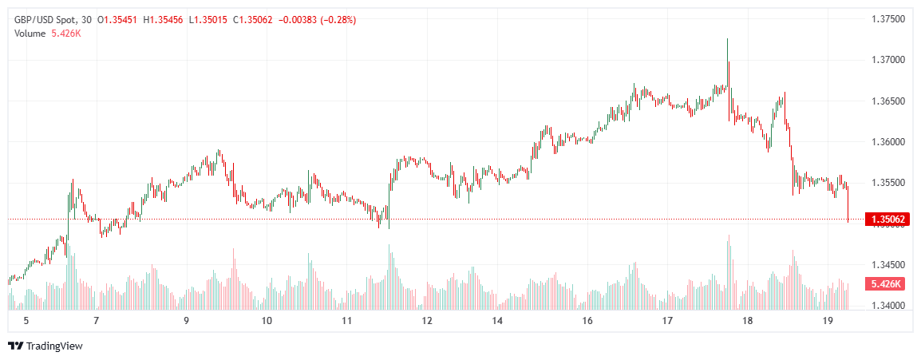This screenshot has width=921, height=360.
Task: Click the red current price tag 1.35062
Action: [x=887, y=219]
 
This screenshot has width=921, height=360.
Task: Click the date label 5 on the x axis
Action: [x=26, y=321]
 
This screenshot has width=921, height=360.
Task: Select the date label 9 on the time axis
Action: [x=186, y=321]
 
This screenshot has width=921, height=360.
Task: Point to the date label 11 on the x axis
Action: [x=346, y=321]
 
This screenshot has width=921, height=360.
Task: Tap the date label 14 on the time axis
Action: [x=497, y=321]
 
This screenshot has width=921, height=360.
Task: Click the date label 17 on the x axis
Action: [x=667, y=321]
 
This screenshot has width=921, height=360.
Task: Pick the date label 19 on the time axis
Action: [x=828, y=321]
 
